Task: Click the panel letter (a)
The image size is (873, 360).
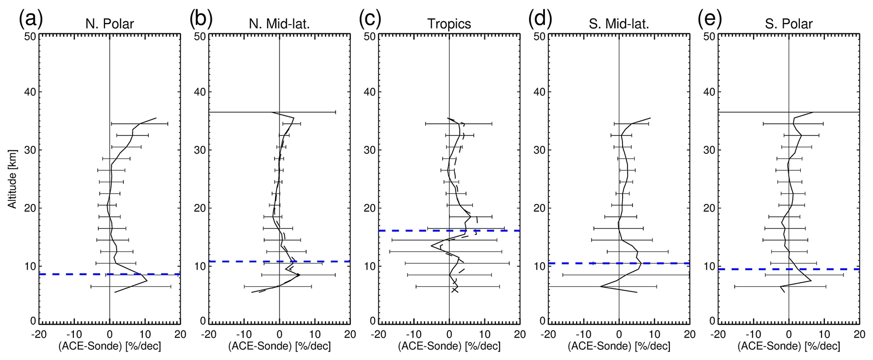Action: click(30, 19)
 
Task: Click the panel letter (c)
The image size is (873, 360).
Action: click(370, 19)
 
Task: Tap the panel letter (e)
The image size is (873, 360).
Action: click(710, 19)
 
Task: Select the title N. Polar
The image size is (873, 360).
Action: click(109, 24)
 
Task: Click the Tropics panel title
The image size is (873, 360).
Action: click(449, 24)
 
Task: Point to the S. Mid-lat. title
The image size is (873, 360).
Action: click(619, 24)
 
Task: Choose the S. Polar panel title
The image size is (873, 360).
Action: click(789, 24)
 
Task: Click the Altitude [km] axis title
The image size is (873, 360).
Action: click(12, 179)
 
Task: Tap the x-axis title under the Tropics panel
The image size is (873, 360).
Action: click(449, 346)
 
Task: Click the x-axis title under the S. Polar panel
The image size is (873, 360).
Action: click(789, 346)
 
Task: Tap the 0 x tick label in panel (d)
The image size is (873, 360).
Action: click(619, 334)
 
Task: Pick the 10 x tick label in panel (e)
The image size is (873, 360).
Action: click(824, 334)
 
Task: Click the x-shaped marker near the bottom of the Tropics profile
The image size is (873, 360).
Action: click(454, 290)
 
